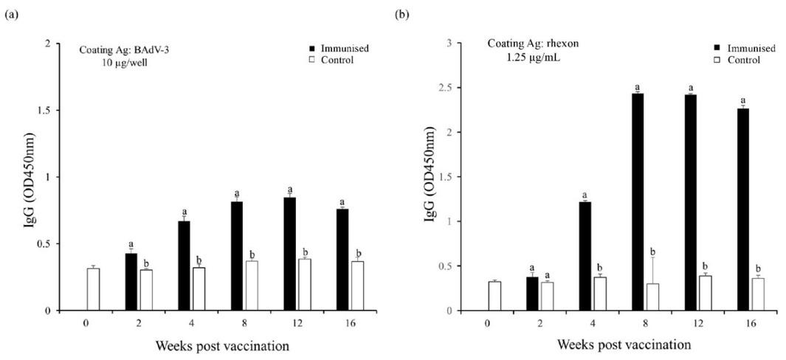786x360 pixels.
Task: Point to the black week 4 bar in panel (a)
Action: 184,266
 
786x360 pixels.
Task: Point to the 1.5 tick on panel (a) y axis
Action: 51,111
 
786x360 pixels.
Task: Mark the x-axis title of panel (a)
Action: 212,345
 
